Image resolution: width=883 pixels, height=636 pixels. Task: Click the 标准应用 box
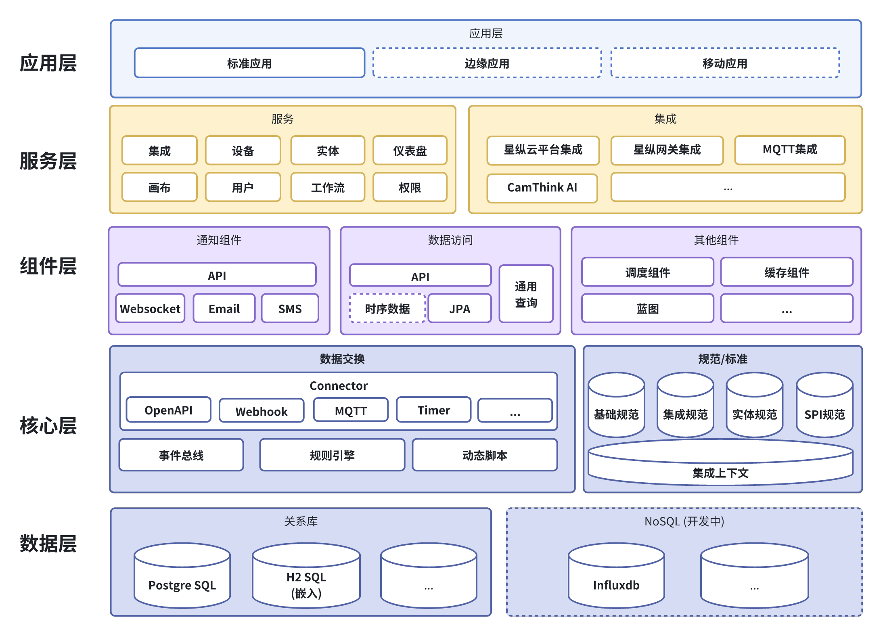(x=249, y=63)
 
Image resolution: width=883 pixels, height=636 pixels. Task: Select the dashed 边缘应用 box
(x=487, y=63)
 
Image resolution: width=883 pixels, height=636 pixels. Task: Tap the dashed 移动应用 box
(x=725, y=63)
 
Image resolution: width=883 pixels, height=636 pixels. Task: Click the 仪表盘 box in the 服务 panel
(x=410, y=151)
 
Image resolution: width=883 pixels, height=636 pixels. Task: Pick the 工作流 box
(x=328, y=187)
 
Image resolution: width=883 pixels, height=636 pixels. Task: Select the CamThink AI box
(x=542, y=188)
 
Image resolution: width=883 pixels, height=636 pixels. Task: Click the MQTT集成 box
(x=790, y=150)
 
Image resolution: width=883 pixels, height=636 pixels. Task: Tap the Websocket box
(x=150, y=309)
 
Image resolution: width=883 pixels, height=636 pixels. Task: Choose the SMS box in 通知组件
(x=290, y=309)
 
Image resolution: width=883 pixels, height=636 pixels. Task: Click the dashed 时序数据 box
(x=387, y=309)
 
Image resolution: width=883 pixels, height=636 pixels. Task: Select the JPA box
(x=460, y=309)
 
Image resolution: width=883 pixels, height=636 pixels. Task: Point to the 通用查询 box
(x=526, y=294)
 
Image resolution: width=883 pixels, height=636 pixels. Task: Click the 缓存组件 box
(x=787, y=272)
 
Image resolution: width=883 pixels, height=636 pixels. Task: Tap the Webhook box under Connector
(x=262, y=411)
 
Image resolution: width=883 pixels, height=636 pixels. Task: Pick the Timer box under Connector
(x=433, y=410)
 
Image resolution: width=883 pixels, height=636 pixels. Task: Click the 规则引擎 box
(x=332, y=455)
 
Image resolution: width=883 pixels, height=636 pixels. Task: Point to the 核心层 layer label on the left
(x=48, y=425)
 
